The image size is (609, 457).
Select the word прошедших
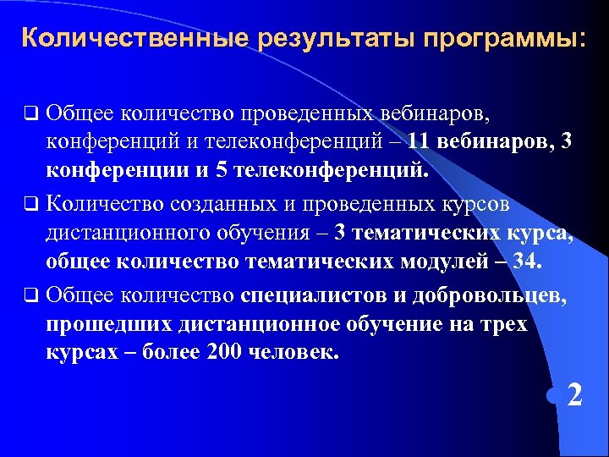108,324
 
